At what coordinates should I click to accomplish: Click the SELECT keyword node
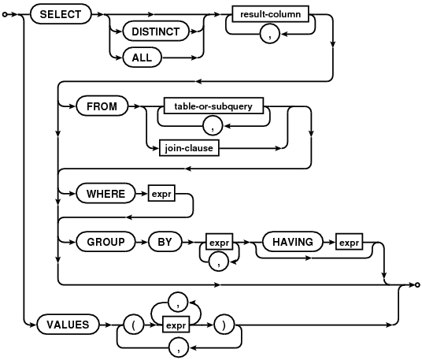tap(61, 14)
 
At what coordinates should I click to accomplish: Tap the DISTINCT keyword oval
tap(156, 32)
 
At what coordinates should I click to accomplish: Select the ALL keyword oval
tap(142, 58)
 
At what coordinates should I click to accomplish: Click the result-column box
tap(271, 13)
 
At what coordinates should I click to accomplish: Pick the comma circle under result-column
tap(270, 34)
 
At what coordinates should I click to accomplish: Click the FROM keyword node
tap(102, 106)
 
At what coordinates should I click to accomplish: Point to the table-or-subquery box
tap(213, 106)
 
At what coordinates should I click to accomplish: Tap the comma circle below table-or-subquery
tap(213, 126)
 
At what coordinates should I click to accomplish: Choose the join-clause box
tap(189, 148)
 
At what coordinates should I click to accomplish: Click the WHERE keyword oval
tap(105, 193)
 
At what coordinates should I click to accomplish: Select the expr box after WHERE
tap(161, 193)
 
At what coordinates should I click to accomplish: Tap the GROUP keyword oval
tap(105, 242)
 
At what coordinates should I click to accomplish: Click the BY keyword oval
tap(165, 242)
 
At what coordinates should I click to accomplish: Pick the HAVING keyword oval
tap(293, 242)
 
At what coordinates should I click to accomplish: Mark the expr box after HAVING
tap(349, 242)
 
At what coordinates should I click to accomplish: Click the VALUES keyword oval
tap(68, 325)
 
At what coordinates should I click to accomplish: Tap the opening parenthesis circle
tap(134, 325)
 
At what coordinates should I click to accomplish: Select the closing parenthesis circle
tap(224, 325)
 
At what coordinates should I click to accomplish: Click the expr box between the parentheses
tap(176, 325)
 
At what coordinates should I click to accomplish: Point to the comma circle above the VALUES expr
tap(178, 302)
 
